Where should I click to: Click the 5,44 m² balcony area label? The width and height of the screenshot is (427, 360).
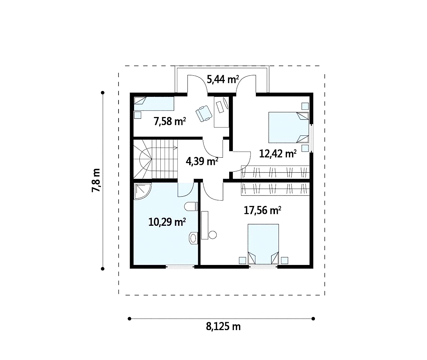click(223, 80)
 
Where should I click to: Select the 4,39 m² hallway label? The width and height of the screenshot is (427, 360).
click(202, 161)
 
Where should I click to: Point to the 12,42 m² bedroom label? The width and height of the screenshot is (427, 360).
click(278, 154)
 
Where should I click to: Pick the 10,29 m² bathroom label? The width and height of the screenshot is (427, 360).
click(167, 222)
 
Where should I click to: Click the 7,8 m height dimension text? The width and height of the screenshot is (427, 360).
click(96, 180)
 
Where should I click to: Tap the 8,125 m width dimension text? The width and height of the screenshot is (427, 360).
click(223, 326)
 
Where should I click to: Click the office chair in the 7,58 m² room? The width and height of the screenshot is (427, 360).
click(204, 113)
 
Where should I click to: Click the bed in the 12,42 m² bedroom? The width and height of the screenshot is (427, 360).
click(289, 127)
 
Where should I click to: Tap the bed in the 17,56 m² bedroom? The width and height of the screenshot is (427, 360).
click(263, 244)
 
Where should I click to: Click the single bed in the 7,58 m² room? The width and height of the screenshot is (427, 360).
click(154, 104)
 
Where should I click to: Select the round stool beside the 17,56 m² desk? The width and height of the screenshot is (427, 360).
click(212, 235)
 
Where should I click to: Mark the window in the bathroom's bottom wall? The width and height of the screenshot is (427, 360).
click(180, 267)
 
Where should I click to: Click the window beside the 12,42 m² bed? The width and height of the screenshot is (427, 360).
click(312, 138)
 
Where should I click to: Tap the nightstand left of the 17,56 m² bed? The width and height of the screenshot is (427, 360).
click(243, 260)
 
